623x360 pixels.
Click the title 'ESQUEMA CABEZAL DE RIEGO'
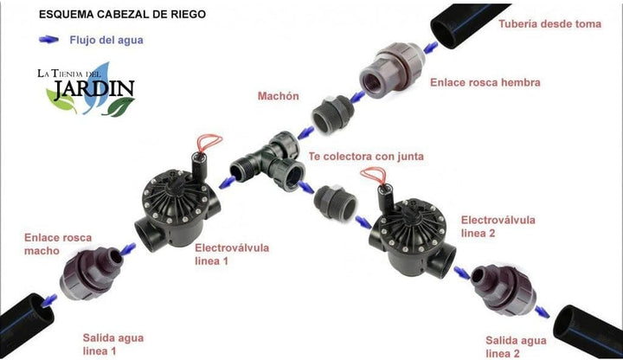coord(122,15)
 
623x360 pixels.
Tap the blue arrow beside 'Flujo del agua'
coord(48,39)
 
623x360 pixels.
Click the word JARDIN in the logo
coord(94,89)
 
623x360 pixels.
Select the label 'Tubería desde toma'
coord(550,24)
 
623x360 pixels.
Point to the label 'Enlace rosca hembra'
coord(485,82)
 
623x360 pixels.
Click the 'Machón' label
coord(278,96)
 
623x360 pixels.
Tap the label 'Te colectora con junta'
coord(366,156)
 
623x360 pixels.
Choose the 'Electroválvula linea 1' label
coord(232,254)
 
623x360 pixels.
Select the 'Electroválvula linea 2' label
coord(498,226)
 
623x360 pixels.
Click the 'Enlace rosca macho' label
coord(58,244)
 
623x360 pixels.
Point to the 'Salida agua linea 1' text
coord(113,344)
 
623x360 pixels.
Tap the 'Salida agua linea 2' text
coord(516,347)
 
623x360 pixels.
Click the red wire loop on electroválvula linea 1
coord(209,144)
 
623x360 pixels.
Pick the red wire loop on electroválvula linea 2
coord(373,175)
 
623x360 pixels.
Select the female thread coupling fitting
coord(392,70)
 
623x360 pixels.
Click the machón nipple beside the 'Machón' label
coord(333,114)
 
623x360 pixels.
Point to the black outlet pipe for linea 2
coord(588,331)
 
